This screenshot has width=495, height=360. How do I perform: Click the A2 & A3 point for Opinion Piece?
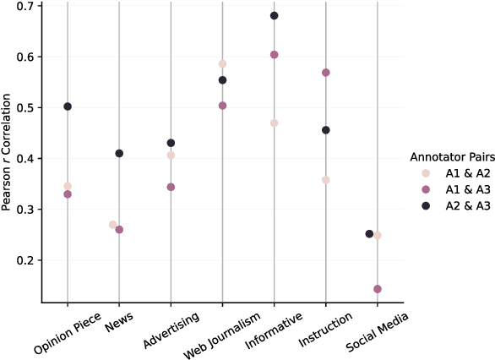[68, 106]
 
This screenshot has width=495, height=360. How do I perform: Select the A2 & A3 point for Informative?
[274, 16]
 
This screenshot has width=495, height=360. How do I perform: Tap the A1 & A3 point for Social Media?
[378, 289]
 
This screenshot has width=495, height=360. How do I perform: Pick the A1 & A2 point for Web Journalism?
[222, 64]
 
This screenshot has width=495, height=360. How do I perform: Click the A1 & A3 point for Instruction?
[325, 73]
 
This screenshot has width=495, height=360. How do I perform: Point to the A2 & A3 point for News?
[119, 154]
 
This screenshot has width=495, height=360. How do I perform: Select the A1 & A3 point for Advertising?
[171, 187]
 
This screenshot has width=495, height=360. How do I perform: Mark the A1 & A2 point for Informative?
[274, 123]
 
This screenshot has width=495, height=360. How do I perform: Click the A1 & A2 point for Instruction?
[325, 180]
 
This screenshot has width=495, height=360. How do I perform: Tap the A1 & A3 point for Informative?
[274, 55]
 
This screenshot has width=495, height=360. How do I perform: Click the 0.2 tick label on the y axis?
[29, 260]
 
